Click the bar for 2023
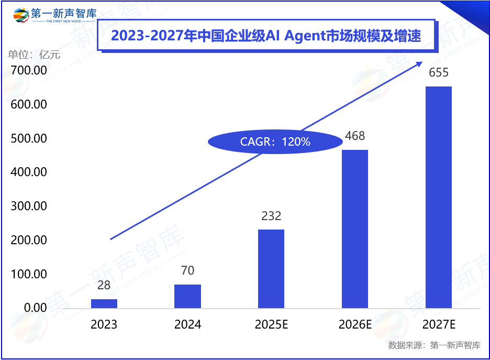pos(104,303)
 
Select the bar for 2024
pos(187,296)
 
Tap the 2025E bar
pos(271,268)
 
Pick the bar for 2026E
pos(355,228)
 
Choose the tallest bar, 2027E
pos(438,197)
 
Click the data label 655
pos(439,73)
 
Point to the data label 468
pos(355,136)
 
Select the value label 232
pos(271,216)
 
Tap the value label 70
pos(187,270)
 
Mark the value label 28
pos(104,285)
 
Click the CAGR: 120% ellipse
pos(275,141)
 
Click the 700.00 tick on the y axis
pos(29,71)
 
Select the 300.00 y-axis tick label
pos(29,206)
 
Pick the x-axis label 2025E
pos(271,325)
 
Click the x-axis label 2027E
pos(439,325)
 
